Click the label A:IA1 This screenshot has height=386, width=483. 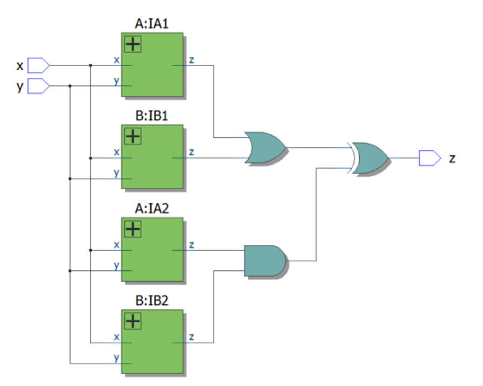coord(152,24)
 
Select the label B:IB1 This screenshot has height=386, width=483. coord(152,116)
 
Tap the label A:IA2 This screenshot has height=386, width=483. coord(152,209)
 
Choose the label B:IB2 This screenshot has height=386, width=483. coord(152,301)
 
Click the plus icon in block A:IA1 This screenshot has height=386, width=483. coord(132,44)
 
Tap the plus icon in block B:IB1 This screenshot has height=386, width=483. coord(132,136)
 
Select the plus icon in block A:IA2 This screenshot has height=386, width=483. coord(132,229)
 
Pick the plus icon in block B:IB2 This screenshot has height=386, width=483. coord(132,322)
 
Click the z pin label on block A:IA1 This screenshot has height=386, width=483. coord(191,59)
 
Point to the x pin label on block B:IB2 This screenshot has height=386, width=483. coord(116,337)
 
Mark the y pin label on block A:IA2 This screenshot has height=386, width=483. coord(116,265)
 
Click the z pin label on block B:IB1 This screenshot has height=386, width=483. coord(191,152)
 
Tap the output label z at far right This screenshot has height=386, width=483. coord(452,158)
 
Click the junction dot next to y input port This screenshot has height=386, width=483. coord(70,86)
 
